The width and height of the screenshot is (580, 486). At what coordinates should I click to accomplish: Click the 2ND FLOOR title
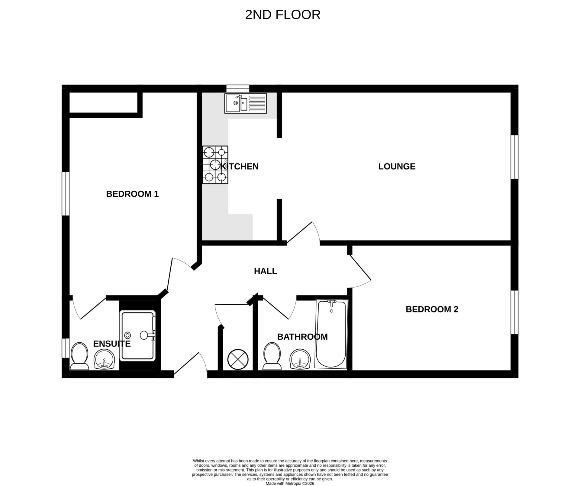pos(282,15)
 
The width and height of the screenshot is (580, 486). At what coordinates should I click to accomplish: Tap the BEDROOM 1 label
pos(132,194)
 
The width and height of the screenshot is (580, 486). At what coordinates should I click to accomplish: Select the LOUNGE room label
pos(397,167)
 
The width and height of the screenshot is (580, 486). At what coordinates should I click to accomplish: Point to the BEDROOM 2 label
pos(432,309)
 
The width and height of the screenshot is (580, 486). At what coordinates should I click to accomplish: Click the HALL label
pos(265,271)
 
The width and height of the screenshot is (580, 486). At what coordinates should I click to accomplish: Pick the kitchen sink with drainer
pos(245,103)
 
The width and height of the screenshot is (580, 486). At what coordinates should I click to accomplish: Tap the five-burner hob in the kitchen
pos(215,165)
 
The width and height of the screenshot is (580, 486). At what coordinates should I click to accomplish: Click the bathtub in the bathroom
pos(331,334)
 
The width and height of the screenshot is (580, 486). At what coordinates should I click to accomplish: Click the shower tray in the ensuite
pos(138,336)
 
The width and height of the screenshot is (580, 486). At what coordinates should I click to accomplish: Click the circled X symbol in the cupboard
pos(238,359)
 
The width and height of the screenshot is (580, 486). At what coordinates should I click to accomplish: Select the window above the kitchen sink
pos(238,88)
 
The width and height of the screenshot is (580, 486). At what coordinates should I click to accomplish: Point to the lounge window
pos(514,157)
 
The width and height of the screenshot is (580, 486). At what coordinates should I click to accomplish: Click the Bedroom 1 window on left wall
pos(66,194)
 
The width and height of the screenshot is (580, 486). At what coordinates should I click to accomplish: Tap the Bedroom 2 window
pos(514,312)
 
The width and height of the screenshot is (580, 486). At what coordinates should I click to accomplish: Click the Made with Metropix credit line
pos(290,483)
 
